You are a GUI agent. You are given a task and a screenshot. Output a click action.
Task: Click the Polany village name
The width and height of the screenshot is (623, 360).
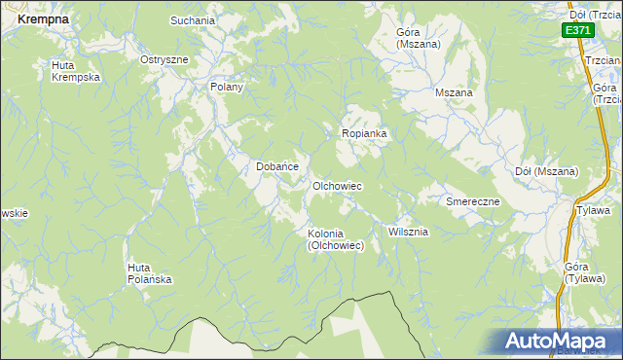pyautogui.click(x=226, y=87)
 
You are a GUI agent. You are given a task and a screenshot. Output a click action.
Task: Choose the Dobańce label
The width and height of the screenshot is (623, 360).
pyautogui.click(x=276, y=166)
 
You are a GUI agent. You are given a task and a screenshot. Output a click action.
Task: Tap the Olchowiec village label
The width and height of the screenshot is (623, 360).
pyautogui.click(x=337, y=185)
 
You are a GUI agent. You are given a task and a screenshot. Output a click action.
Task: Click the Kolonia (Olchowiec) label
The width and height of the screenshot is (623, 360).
pyautogui.click(x=336, y=239)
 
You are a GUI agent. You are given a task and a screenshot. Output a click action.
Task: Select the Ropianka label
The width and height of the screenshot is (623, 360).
pyautogui.click(x=364, y=133)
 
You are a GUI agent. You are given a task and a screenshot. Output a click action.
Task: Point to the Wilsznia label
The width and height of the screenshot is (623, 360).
pyautogui.click(x=408, y=232)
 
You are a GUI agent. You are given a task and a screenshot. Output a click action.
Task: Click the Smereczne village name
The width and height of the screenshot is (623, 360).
pyautogui.click(x=473, y=201)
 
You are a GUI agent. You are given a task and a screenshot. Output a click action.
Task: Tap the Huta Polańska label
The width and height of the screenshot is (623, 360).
pyautogui.click(x=150, y=273)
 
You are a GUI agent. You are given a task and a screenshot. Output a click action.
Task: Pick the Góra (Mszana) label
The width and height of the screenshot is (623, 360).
pyautogui.click(x=419, y=38)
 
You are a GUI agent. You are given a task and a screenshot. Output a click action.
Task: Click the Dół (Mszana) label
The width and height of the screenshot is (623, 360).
pyautogui.click(x=546, y=171)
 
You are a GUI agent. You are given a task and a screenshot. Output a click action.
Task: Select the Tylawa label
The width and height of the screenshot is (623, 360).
pyautogui.click(x=593, y=210)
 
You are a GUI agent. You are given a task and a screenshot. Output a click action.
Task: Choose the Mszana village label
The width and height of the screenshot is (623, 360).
pyautogui.click(x=454, y=92)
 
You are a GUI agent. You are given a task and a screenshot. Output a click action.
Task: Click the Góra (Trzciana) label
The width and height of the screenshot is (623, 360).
pyautogui.click(x=605, y=92)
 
